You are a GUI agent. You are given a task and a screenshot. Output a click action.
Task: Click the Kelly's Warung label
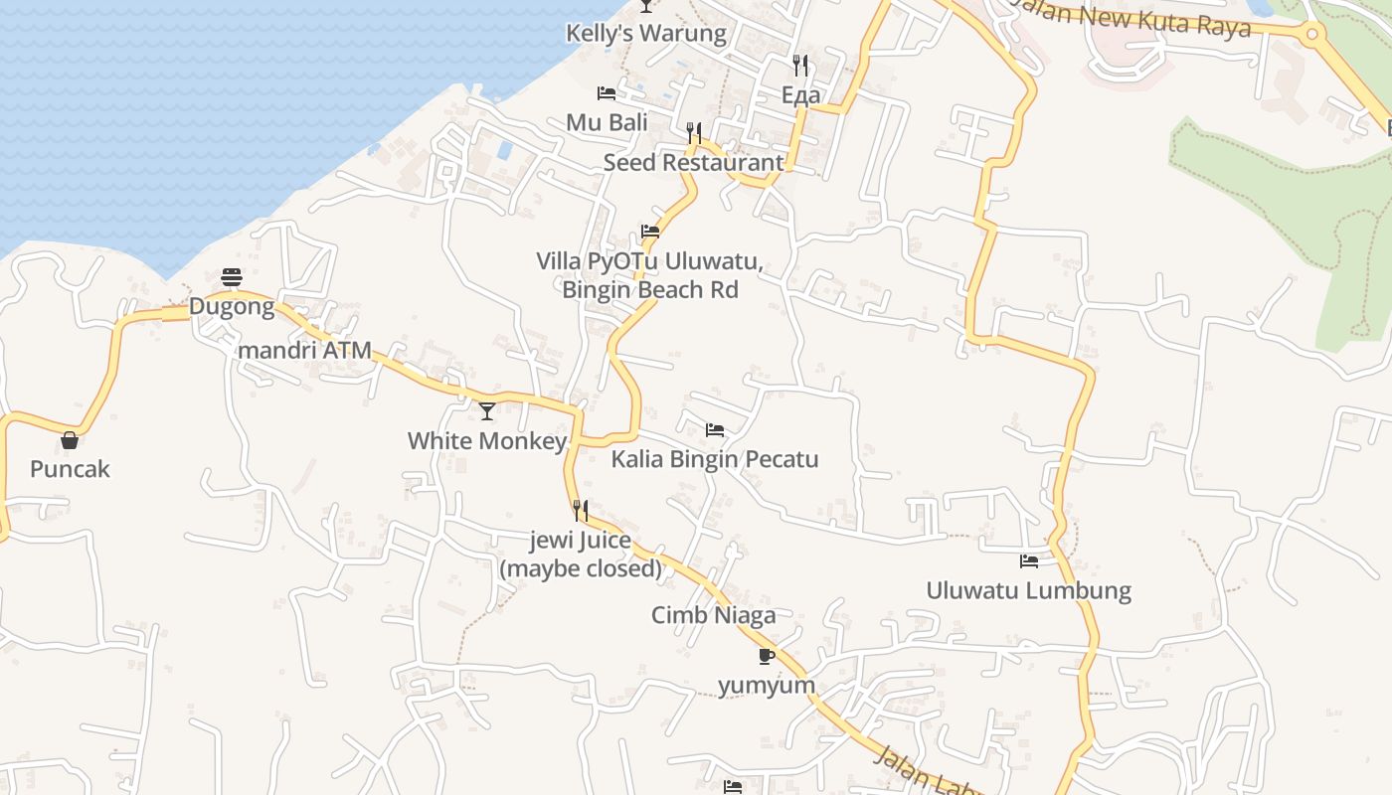(x=646, y=33)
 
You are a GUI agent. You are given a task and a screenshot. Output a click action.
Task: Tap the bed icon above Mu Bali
(x=607, y=93)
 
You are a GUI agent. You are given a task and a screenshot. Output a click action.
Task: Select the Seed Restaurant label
(x=693, y=162)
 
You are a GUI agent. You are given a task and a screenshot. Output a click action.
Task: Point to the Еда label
(x=800, y=94)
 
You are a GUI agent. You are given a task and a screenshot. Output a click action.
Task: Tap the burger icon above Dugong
(x=232, y=276)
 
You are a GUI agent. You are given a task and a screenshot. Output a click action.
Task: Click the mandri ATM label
(x=304, y=350)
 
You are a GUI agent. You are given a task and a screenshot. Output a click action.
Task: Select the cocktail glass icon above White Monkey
(x=487, y=410)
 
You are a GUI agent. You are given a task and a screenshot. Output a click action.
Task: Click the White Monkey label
(x=487, y=440)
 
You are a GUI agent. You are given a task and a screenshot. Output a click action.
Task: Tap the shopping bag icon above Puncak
(x=70, y=439)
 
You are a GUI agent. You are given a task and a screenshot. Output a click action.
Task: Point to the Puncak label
(x=70, y=469)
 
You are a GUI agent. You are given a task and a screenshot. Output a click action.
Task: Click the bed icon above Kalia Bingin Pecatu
(x=715, y=430)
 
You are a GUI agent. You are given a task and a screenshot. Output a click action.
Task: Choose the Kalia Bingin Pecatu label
(x=715, y=459)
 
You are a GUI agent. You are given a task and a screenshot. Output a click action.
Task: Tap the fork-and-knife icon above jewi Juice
(x=581, y=511)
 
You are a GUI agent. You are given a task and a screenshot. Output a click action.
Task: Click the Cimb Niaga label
(x=713, y=615)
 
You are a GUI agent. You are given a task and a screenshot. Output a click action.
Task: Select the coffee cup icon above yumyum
(x=766, y=656)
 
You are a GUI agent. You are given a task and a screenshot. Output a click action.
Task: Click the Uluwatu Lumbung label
(x=1028, y=590)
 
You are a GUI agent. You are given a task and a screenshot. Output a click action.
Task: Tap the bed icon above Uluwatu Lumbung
(x=1029, y=561)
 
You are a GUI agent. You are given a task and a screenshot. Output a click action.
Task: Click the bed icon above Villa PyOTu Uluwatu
(x=650, y=232)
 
